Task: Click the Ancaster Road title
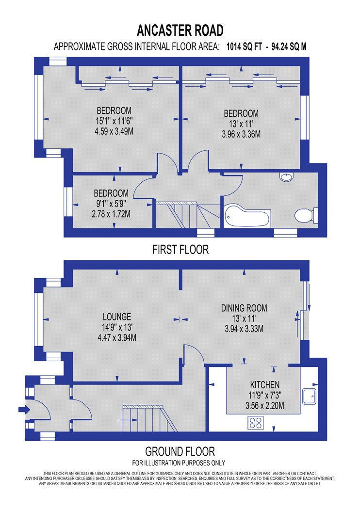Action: (x=180, y=31)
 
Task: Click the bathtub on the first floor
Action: (x=246, y=217)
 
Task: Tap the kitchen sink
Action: (x=310, y=396)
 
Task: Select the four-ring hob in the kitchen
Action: (x=256, y=423)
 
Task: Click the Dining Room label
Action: (x=244, y=308)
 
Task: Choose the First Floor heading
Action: (x=180, y=250)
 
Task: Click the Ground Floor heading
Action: (x=180, y=451)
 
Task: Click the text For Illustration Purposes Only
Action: (x=179, y=462)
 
